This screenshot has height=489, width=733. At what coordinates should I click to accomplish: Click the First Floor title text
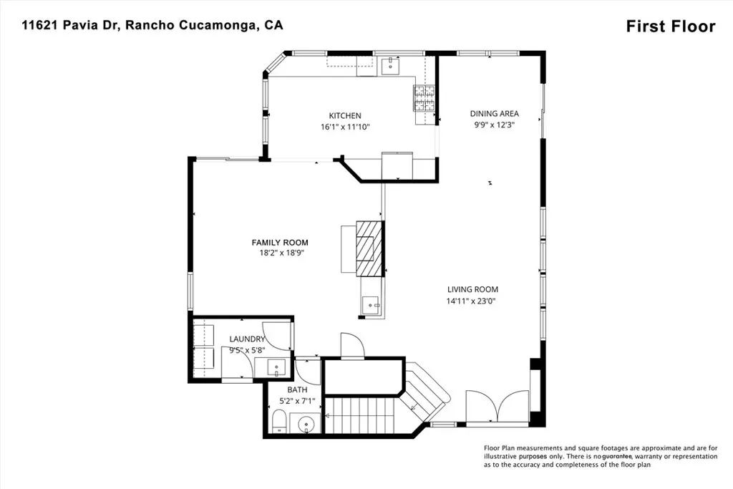pos(670,26)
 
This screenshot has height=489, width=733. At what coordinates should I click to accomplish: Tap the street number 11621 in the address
pos(40,25)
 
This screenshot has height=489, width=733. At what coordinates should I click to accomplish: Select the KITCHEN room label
pos(345,115)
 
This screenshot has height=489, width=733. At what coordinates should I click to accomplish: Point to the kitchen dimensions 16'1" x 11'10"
pos(345,127)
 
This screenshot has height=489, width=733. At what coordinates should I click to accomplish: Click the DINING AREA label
pos(494,113)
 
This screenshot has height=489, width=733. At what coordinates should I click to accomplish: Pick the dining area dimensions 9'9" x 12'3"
pos(494,124)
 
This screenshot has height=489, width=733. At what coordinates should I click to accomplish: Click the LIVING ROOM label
pos(472,289)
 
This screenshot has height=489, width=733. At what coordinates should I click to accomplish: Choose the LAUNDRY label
pos(247,339)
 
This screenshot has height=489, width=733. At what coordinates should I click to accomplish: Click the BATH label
pos(297,389)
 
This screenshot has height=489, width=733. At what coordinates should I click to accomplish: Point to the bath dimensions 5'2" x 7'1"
pos(297,401)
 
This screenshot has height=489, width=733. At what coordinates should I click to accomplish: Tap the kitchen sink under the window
pos(390,67)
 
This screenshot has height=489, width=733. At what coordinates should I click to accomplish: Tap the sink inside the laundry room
pos(277,368)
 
